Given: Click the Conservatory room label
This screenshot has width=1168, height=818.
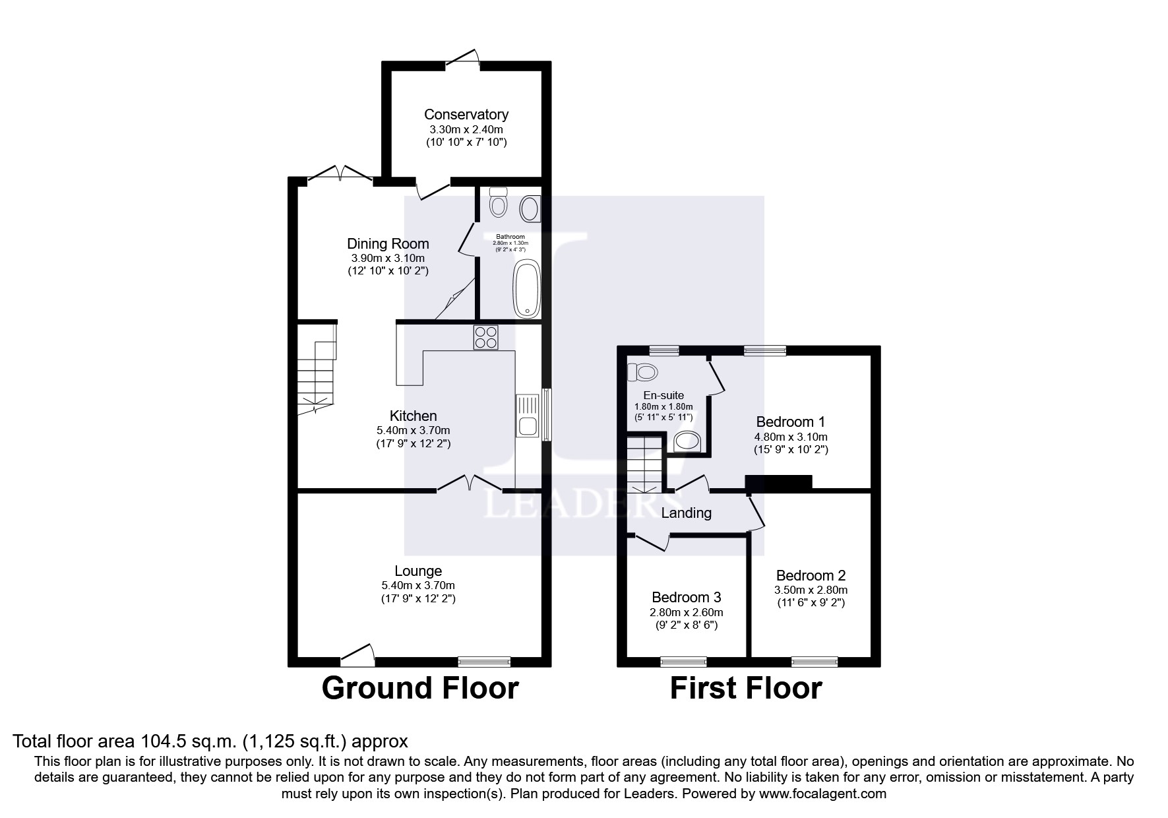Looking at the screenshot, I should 466,115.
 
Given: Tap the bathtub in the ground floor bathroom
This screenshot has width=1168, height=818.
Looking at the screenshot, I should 526,289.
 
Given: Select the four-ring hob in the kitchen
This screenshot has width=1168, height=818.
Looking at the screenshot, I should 485,338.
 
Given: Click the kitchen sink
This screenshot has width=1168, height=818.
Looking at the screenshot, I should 528,416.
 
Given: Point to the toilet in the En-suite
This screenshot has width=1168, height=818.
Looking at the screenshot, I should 643,373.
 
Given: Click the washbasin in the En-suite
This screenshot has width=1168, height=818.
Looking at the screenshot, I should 687,441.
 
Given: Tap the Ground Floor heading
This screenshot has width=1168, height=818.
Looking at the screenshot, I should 420,688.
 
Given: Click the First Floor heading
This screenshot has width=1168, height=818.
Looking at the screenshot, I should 745,688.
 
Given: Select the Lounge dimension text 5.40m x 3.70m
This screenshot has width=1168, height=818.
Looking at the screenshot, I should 418,585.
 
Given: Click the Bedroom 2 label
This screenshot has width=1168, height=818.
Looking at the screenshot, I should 811,575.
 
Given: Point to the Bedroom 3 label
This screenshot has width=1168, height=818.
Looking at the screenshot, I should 686,597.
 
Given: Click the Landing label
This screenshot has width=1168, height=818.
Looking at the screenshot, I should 686,513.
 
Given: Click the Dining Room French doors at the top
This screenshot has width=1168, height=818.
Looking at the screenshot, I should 340,173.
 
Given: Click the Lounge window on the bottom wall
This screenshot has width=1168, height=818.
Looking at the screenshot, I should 484,661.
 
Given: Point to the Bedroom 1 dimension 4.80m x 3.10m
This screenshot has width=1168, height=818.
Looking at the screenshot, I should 791,437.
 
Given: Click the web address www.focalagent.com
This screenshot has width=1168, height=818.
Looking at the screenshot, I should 822,794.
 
